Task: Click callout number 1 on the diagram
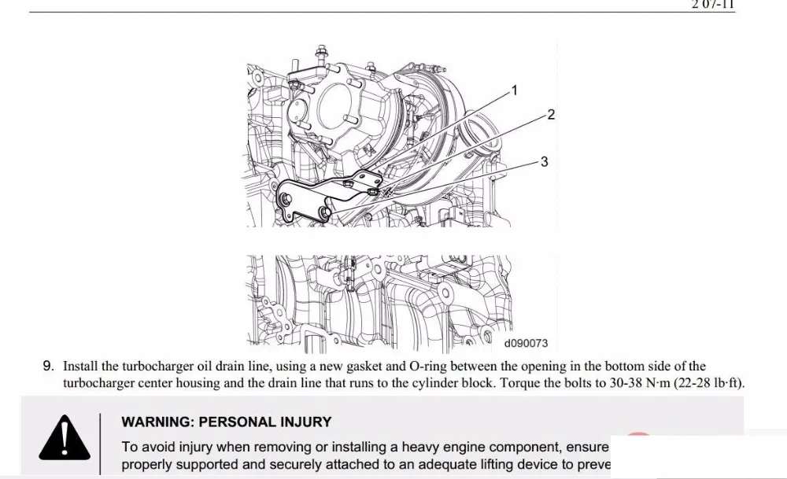tap(515, 90)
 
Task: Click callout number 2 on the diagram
tap(551, 115)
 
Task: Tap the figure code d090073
tap(526, 344)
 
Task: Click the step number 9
tap(48, 367)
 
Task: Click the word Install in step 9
tap(80, 367)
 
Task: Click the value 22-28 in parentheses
tap(693, 384)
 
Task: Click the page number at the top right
tap(713, 4)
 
